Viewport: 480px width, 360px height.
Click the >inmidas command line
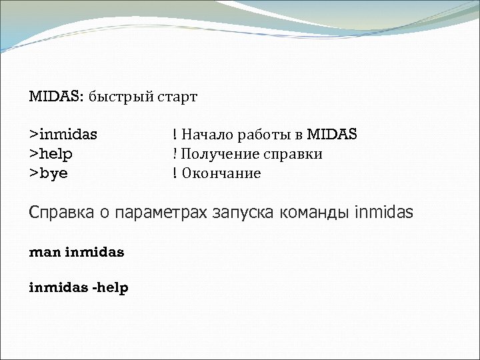click(x=63, y=135)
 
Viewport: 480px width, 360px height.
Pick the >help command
click(x=51, y=154)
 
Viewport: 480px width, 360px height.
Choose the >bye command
click(x=48, y=174)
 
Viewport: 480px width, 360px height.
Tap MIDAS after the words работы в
click(x=331, y=135)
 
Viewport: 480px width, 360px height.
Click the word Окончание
click(x=221, y=174)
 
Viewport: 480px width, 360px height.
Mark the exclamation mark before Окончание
click(x=175, y=174)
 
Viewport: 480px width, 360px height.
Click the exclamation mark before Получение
click(x=175, y=154)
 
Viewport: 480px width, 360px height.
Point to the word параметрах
click(x=161, y=214)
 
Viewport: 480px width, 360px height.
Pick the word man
click(x=45, y=253)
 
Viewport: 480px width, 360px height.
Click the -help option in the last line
click(x=110, y=288)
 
